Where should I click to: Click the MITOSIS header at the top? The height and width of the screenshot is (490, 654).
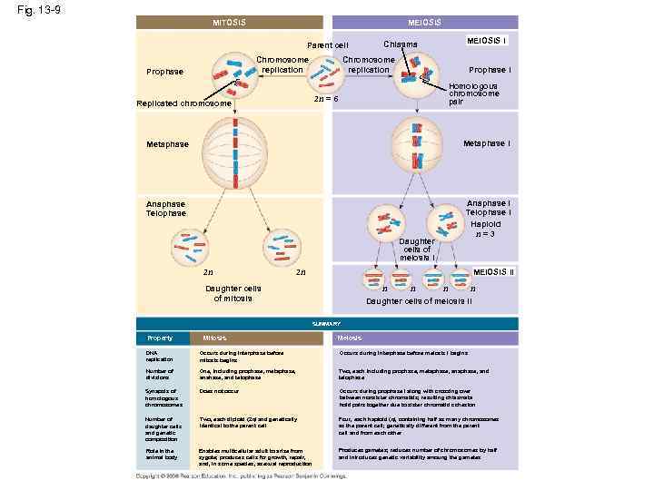pyautogui.click(x=229, y=23)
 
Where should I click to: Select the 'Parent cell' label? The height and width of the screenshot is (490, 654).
pyautogui.click(x=327, y=44)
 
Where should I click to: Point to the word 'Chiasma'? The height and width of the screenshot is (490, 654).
pyautogui.click(x=401, y=44)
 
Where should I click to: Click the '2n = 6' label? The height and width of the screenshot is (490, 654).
pyautogui.click(x=326, y=98)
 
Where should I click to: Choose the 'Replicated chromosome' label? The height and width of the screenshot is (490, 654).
pyautogui.click(x=183, y=103)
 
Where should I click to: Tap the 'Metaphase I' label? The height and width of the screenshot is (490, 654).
pyautogui.click(x=486, y=143)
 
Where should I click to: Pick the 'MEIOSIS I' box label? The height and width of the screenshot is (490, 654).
pyautogui.click(x=487, y=41)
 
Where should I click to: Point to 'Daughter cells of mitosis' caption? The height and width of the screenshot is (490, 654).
pyautogui.click(x=232, y=293)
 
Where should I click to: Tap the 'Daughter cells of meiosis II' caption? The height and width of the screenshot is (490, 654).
pyautogui.click(x=418, y=301)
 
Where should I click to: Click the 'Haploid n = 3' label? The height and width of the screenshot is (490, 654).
pyautogui.click(x=485, y=229)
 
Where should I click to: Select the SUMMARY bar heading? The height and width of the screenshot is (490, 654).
pyautogui.click(x=327, y=324)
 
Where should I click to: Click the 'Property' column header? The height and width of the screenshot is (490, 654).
pyautogui.click(x=160, y=338)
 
